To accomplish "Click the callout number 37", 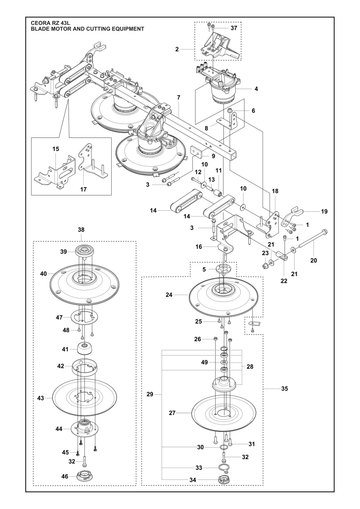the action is (x=234, y=28).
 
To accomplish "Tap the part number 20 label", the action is (x=314, y=260).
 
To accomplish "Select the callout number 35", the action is (x=284, y=388).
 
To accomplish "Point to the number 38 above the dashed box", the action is (x=81, y=229).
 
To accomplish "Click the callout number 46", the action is (x=64, y=476).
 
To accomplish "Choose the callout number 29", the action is (x=150, y=394).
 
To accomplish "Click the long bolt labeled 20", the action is (x=311, y=239).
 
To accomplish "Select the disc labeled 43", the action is (x=85, y=397).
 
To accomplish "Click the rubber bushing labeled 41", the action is (x=85, y=349).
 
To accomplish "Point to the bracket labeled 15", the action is (x=56, y=171).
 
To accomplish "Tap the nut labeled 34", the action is (x=223, y=480).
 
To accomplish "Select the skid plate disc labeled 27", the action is (x=224, y=413).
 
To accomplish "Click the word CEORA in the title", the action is (x=39, y=23).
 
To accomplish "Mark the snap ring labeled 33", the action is (x=224, y=467).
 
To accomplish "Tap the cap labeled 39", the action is (x=82, y=251).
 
